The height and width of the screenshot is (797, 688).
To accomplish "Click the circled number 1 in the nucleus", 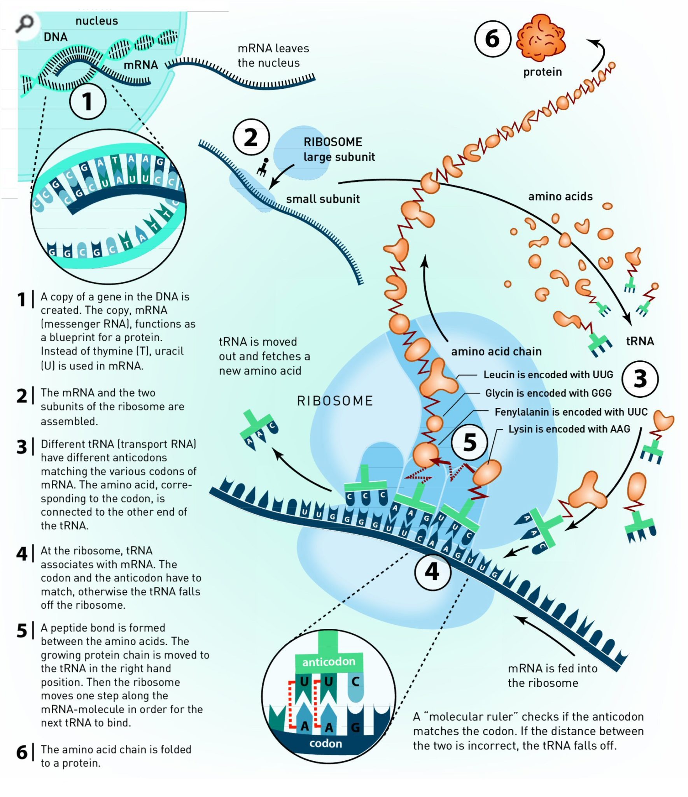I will pyautogui.click(x=88, y=102).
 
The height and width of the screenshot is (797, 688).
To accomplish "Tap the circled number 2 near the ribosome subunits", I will pyautogui.click(x=251, y=137).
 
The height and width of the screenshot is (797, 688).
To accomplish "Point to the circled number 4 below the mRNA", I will pyautogui.click(x=432, y=572).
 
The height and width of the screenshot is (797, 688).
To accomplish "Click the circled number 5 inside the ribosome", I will pyautogui.click(x=470, y=442).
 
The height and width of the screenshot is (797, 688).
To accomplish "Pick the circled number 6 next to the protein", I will pyautogui.click(x=492, y=39).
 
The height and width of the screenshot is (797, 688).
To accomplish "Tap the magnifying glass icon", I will pyautogui.click(x=24, y=24).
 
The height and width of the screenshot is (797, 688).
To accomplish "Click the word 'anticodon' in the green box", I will pyautogui.click(x=329, y=662).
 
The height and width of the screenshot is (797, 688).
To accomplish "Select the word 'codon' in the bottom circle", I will pyautogui.click(x=326, y=744).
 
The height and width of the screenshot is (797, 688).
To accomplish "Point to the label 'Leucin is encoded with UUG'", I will pyautogui.click(x=548, y=374).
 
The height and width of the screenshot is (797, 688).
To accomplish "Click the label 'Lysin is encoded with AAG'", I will pyautogui.click(x=569, y=429).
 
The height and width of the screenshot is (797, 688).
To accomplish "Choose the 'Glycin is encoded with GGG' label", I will pyautogui.click(x=548, y=393).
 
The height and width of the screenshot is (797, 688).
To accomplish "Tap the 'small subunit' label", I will pyautogui.click(x=323, y=199).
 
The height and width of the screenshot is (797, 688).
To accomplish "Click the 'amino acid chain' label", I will pyautogui.click(x=496, y=351).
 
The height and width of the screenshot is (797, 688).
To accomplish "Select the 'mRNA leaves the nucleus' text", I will pyautogui.click(x=273, y=56).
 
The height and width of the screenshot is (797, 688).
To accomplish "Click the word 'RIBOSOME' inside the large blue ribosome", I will pyautogui.click(x=335, y=401).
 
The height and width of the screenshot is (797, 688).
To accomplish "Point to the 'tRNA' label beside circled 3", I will pyautogui.click(x=640, y=341).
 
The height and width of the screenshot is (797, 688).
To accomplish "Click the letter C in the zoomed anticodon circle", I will pyautogui.click(x=355, y=681).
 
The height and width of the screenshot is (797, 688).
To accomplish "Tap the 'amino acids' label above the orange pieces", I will pyautogui.click(x=560, y=197).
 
